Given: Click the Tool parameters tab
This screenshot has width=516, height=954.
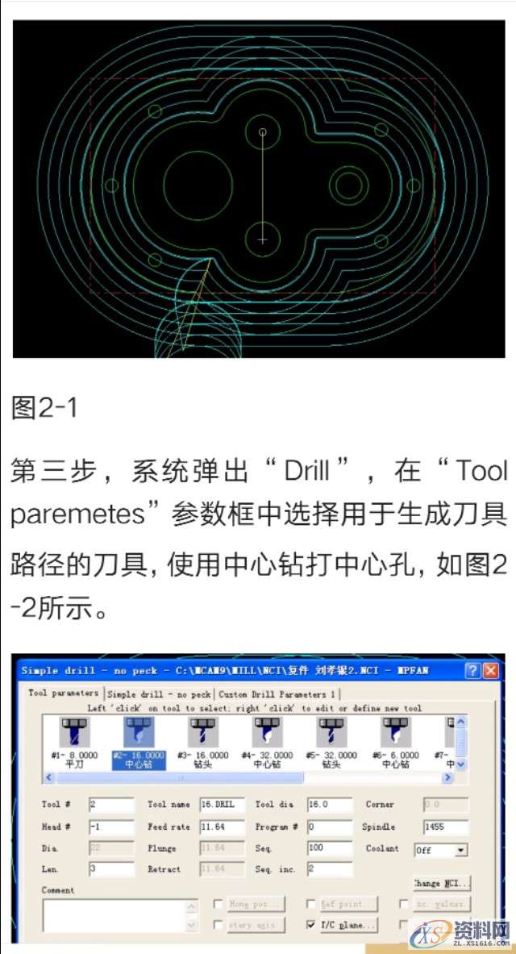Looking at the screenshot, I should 64,693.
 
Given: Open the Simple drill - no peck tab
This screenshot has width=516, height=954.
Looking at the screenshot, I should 159,694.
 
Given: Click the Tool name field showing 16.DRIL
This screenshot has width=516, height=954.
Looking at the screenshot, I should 221,804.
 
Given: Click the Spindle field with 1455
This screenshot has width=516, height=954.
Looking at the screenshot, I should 444,827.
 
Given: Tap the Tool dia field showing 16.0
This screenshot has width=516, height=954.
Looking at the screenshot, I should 328,804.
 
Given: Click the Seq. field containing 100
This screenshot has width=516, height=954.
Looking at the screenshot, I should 328,848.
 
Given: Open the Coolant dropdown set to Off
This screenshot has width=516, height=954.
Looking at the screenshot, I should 440,850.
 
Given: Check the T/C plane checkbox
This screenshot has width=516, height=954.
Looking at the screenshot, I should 311,925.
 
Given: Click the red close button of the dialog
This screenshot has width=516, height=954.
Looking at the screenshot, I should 490,671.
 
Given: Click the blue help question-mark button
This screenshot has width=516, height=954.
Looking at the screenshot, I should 472,671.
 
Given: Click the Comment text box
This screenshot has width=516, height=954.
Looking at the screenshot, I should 112,915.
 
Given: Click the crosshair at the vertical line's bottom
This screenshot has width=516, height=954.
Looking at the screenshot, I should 263,240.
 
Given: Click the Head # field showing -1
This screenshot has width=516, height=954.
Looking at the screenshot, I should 110,827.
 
